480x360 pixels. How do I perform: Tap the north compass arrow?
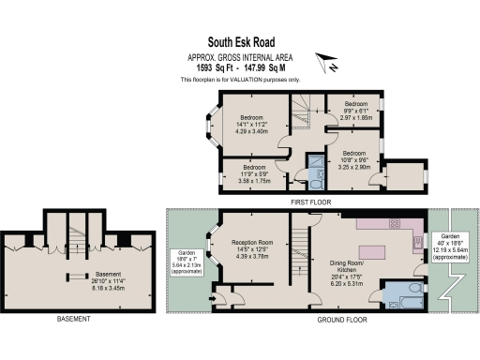tap(327, 65)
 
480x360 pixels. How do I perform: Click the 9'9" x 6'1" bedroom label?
tap(356, 110)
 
